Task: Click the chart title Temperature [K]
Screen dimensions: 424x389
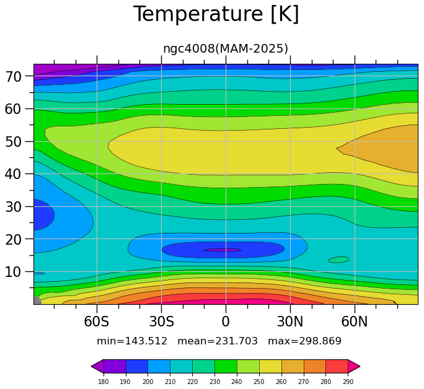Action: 216,14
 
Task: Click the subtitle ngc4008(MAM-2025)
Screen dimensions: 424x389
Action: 226,48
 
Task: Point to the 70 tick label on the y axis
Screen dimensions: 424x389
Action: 13,77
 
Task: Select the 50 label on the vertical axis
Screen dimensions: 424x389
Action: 13,142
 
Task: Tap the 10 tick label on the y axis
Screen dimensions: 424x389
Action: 13,272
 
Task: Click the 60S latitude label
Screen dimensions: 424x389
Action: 97,321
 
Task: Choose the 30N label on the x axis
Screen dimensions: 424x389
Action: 290,321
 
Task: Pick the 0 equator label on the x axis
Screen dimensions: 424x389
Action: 226,321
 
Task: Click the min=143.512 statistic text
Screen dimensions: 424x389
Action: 132,341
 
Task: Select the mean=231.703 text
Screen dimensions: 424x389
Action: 218,341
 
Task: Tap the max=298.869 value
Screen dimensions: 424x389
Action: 304,341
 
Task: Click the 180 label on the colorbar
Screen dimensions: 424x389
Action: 104,382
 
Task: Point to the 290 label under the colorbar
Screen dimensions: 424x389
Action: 348,382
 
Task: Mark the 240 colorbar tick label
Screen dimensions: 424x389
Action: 237,382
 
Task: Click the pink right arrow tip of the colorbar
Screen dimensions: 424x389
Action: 360,366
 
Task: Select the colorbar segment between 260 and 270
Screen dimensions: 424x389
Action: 293,366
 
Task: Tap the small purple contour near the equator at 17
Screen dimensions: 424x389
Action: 223,250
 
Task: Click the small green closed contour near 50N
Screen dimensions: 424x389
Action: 338,260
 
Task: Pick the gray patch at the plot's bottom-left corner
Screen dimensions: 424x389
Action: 37,300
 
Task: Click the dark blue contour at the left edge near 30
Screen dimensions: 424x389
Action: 43,214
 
